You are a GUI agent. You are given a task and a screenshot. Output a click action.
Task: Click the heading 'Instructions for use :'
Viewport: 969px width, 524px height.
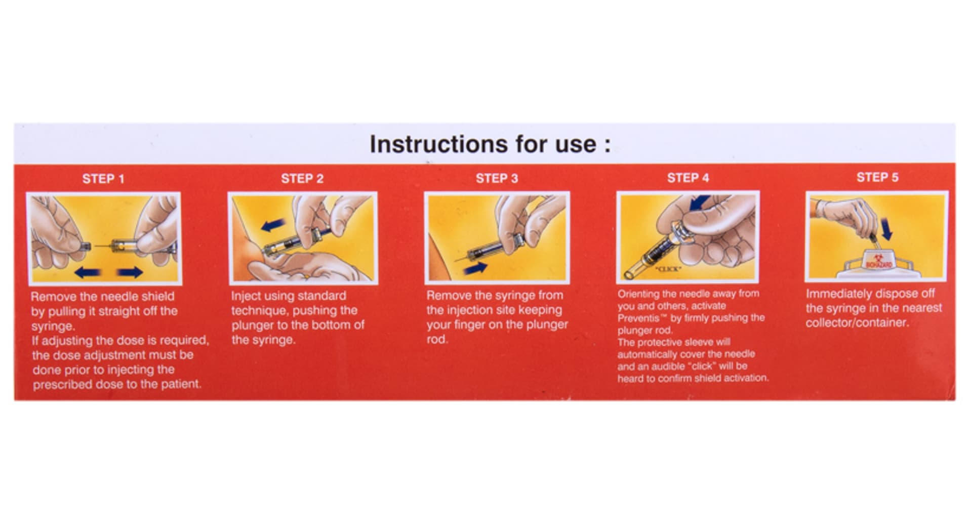[490, 144]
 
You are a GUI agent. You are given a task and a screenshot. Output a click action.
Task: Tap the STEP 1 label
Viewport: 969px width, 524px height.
[103, 179]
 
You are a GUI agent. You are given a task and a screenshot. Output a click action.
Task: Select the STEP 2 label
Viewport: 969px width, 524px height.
[302, 178]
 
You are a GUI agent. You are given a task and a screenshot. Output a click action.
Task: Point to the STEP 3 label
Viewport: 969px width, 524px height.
[497, 178]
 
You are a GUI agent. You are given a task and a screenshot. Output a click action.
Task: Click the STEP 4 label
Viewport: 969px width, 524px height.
[688, 178]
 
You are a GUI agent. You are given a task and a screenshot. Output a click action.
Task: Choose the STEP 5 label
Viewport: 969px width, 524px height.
[877, 177]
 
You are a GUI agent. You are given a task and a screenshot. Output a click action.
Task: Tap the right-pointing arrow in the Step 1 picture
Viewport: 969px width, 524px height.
[130, 273]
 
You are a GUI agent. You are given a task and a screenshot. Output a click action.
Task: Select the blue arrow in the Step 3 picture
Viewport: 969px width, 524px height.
[475, 268]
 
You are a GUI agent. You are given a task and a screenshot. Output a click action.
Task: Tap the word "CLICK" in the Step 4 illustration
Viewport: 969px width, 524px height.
[668, 269]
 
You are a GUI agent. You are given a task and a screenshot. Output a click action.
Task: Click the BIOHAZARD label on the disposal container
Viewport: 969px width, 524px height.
[879, 264]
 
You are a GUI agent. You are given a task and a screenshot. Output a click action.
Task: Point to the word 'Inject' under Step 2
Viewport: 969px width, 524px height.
[245, 296]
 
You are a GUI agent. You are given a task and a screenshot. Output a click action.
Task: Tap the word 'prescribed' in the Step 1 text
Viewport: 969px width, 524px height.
[59, 385]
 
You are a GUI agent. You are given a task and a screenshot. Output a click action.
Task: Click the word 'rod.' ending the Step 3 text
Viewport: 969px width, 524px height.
[437, 340]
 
